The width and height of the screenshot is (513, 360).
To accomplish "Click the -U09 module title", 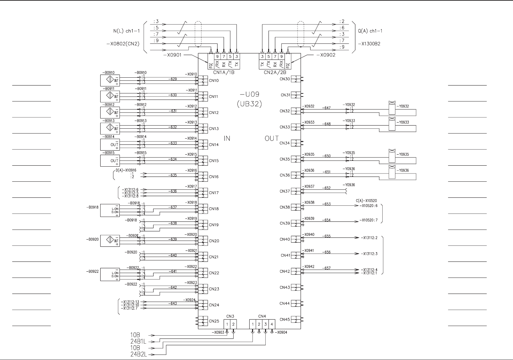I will click(250, 94).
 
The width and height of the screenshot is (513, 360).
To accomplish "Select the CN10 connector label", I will click(214, 81).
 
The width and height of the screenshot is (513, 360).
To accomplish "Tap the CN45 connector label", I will click(285, 320).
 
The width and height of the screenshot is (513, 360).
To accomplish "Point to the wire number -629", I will click(173, 79).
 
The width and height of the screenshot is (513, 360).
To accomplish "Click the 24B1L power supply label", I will click(139, 342).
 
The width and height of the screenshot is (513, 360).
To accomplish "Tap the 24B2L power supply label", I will click(139, 355).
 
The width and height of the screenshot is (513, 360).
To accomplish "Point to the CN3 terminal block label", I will click(230, 316).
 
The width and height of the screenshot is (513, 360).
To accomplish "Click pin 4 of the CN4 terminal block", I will click(272, 324).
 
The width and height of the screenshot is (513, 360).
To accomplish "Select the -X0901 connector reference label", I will click(172, 55).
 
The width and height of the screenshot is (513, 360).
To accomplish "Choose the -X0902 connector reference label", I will click(326, 55).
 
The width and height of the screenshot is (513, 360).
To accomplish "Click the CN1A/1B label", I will click(224, 73).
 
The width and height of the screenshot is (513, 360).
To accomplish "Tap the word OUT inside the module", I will click(272, 139).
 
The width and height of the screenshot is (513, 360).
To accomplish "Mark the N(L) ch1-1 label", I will click(126, 31).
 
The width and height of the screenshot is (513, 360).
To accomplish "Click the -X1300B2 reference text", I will click(369, 44).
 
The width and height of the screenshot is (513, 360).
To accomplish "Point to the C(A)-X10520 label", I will click(366, 201).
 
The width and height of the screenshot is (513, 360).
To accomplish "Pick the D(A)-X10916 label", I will click(126, 170).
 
